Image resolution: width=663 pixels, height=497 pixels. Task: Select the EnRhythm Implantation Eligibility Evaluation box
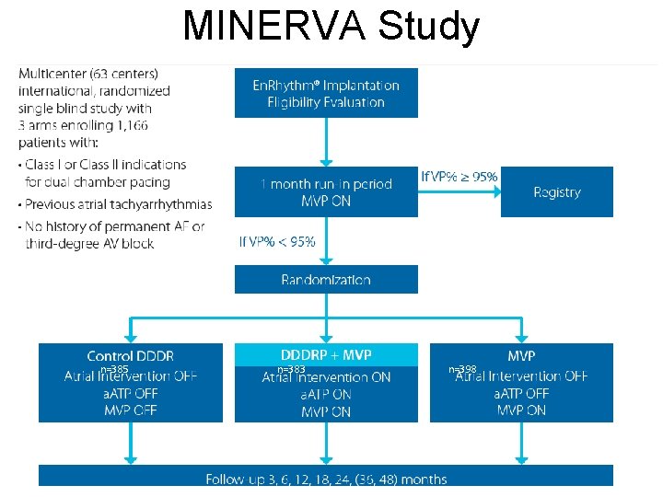tap(326, 92)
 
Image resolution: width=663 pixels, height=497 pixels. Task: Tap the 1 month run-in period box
tap(326, 191)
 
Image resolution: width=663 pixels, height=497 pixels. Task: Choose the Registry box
tap(556, 191)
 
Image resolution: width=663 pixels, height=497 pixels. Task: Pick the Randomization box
tap(326, 279)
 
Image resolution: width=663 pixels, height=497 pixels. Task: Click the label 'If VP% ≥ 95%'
tap(459, 176)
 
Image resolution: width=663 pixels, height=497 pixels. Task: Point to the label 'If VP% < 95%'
tap(277, 241)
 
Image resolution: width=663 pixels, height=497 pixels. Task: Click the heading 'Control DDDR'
tap(130, 355)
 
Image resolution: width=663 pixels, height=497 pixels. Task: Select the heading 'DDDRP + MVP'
tap(326, 354)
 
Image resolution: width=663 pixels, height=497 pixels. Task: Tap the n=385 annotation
tap(113, 369)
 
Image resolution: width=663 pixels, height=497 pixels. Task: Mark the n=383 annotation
tap(291, 369)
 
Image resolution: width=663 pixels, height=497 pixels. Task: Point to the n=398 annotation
tap(462, 369)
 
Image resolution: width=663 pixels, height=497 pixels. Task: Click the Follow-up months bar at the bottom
tap(326, 478)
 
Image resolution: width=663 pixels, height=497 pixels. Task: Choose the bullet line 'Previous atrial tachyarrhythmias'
tap(119, 204)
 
